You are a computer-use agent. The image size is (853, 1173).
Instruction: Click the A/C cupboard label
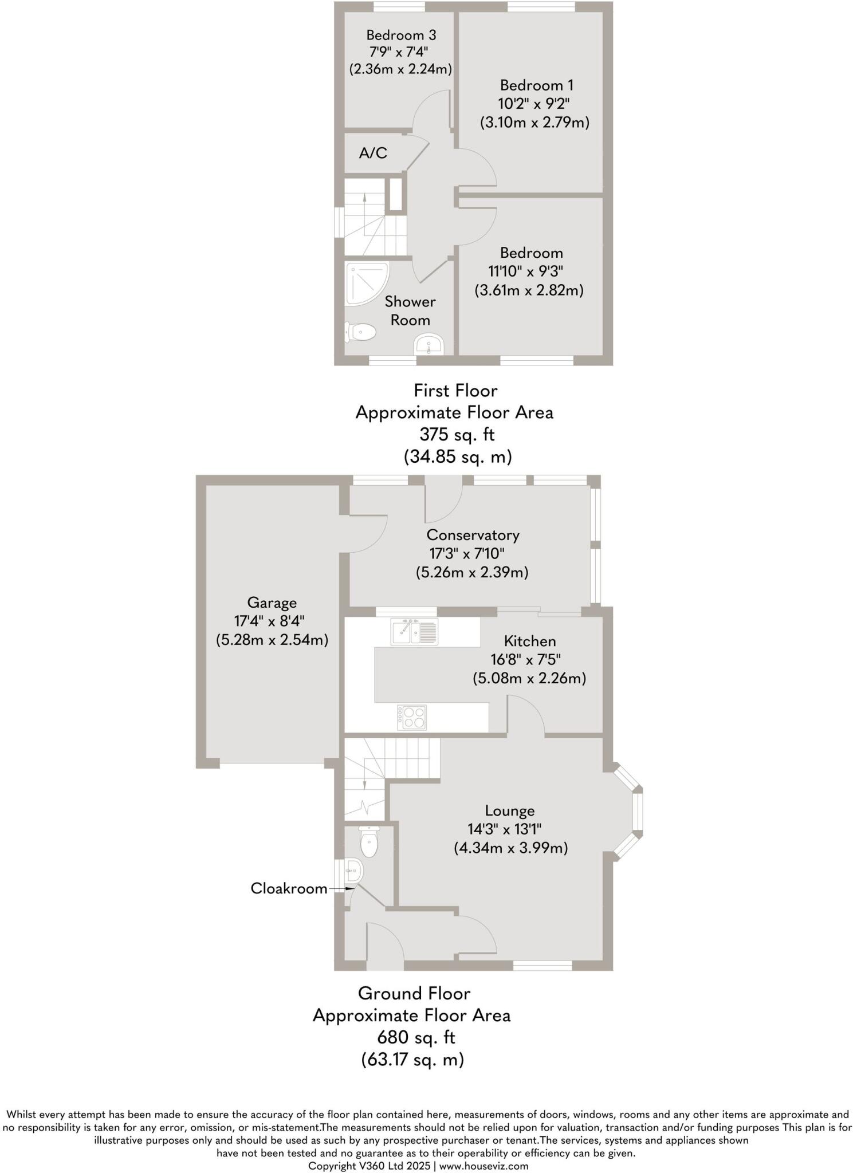pos(373,153)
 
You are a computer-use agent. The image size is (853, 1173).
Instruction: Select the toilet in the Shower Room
pos(360,332)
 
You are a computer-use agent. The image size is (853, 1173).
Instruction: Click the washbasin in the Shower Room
pos(429,345)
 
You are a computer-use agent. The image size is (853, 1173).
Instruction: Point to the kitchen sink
pos(414,631)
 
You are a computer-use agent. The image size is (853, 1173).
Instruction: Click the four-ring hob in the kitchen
pos(412,717)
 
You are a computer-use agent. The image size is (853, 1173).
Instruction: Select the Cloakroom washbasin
pos(355,872)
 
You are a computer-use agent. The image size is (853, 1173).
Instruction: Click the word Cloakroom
pos(289,888)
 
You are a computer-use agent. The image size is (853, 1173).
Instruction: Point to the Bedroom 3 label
pos(401,35)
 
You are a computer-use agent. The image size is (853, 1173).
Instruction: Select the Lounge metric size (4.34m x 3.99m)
pos(510,848)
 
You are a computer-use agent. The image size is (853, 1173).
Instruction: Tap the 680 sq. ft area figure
pos(416,1037)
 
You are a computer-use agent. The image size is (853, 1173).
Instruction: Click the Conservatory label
pos(473,535)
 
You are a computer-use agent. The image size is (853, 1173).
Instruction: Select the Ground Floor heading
pos(414,993)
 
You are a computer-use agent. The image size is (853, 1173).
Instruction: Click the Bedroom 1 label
pos(536,85)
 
